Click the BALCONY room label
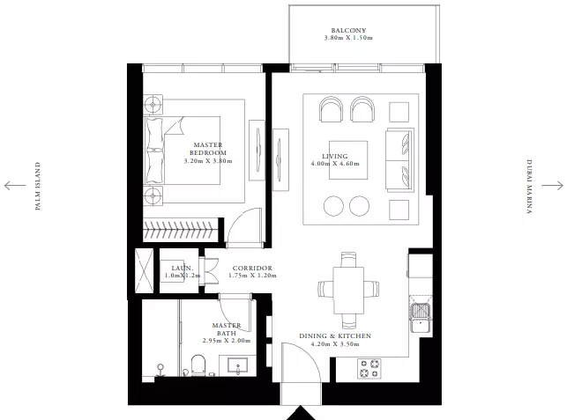348,30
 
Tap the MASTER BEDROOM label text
208,149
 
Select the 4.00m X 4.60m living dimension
335,164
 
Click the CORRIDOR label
252,268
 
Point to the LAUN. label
183,268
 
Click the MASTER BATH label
227,329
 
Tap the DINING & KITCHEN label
335,335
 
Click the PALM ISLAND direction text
38,186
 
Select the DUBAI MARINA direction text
529,187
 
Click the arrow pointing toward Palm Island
15,186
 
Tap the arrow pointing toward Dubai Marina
553,186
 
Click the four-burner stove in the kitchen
369,368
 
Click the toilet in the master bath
198,365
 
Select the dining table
348,291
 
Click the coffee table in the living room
348,160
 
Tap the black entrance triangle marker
300,413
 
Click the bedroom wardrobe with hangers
181,230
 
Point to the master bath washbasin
237,365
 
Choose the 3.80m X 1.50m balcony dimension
348,38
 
